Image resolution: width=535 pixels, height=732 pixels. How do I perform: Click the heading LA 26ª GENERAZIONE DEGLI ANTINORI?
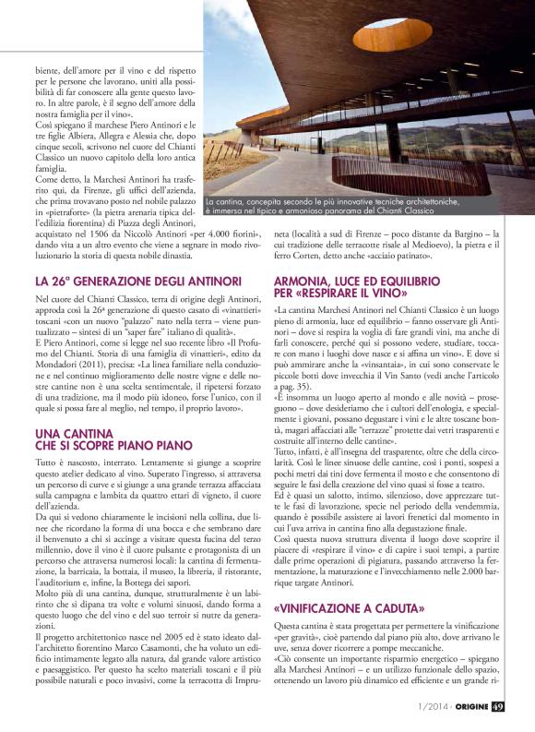[137, 280]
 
